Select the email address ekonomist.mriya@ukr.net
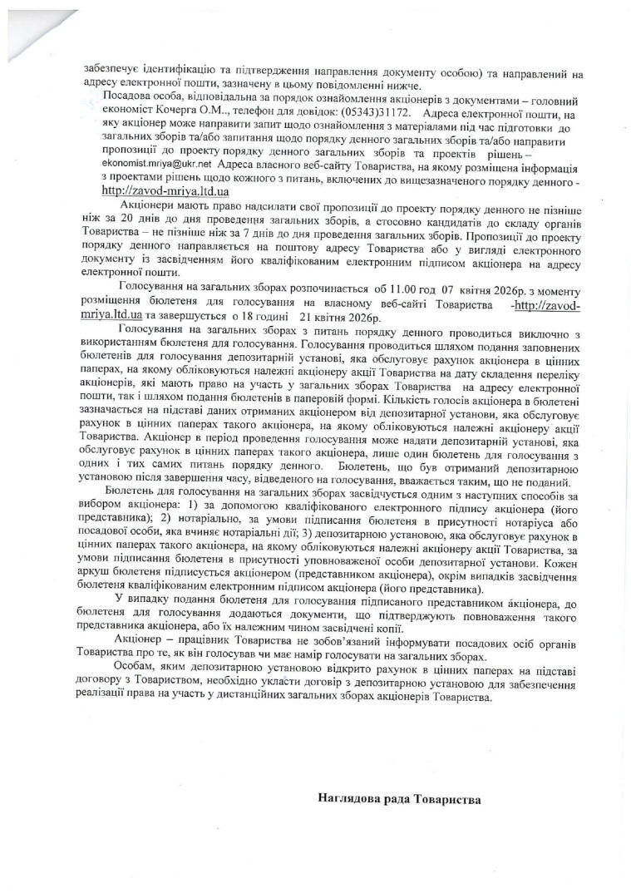(x=145, y=165)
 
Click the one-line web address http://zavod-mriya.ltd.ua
(x=159, y=190)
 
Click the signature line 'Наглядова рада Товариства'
(x=399, y=799)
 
